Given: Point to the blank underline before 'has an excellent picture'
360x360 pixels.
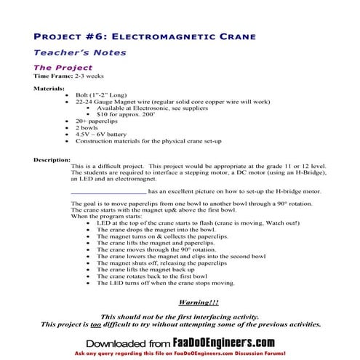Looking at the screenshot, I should coord(108,191).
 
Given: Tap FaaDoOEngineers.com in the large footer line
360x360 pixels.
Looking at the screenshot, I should coord(234,342).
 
